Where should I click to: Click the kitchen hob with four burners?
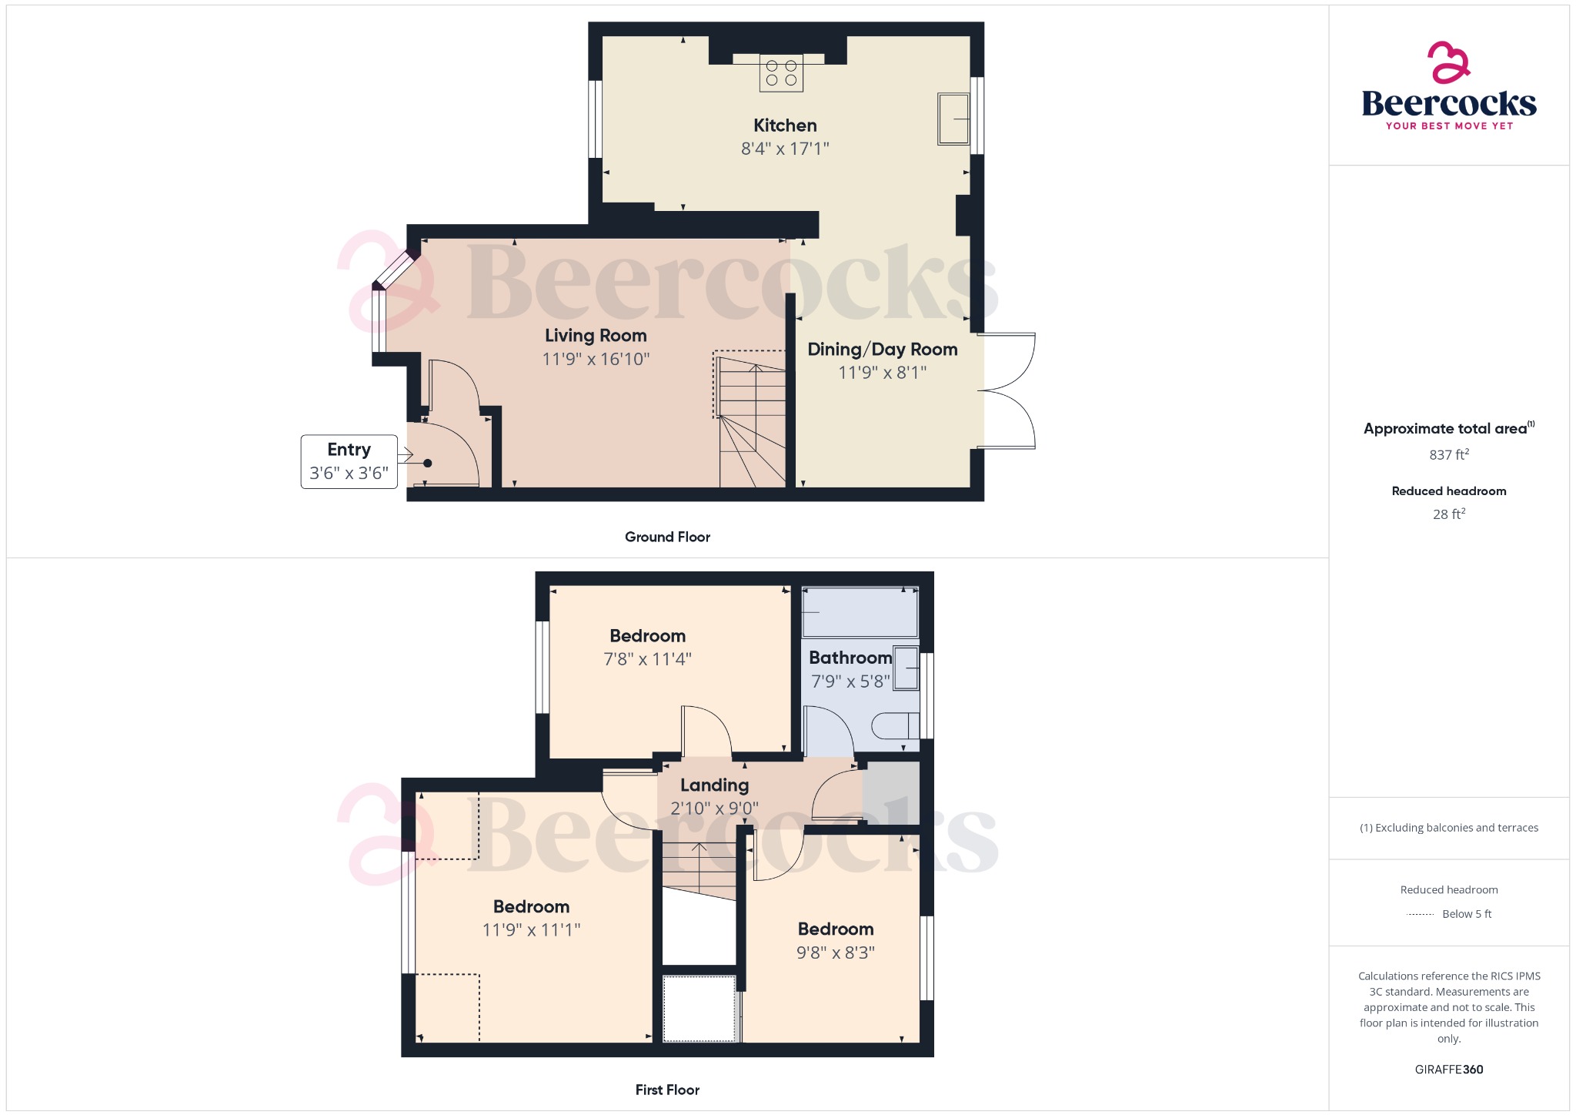pos(781,73)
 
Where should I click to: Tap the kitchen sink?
pos(953,119)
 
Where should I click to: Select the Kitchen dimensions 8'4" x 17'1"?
pos(785,149)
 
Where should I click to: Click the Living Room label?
pos(596,336)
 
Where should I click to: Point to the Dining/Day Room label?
pos(882,350)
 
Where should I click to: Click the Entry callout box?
pos(349,461)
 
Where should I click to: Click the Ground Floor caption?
pos(667,537)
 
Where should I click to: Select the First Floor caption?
pos(667,1090)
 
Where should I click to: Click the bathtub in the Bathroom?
pos(860,612)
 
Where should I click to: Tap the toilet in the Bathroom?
pos(896,725)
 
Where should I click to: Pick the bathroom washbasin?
pos(906,668)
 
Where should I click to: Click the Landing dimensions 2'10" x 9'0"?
pos(714,809)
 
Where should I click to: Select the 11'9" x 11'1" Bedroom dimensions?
pos(531,930)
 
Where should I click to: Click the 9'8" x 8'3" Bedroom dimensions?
pos(835,953)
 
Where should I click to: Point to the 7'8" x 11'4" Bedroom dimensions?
pos(647,659)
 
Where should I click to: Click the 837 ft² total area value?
pos(1448,455)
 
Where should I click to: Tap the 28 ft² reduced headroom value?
pos(1448,514)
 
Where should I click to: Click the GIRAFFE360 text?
pos(1448,1070)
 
